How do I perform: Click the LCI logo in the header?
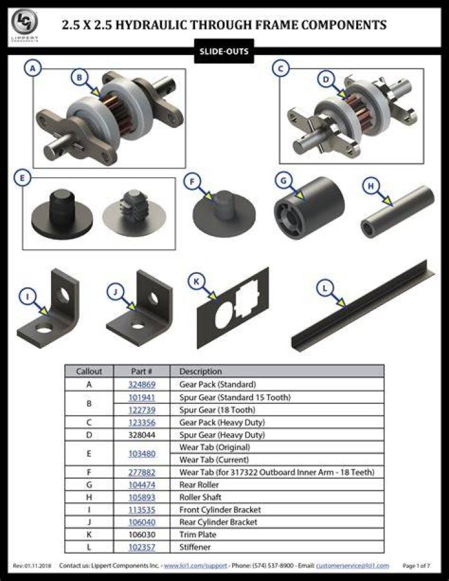click(x=24, y=22)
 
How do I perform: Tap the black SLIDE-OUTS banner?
click(x=224, y=51)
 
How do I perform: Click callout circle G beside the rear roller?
click(x=284, y=180)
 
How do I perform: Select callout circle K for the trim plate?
click(x=196, y=281)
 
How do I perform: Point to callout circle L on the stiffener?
click(x=325, y=288)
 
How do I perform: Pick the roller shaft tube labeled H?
click(x=397, y=212)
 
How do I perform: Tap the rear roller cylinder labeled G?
click(x=309, y=208)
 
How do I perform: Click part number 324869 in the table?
click(x=142, y=384)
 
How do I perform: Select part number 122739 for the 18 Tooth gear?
click(x=142, y=410)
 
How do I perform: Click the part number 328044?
click(x=142, y=434)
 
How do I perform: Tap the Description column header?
click(x=200, y=371)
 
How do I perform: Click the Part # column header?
click(x=142, y=371)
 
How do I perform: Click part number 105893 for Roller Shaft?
click(x=142, y=497)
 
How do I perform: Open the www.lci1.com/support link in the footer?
click(x=195, y=566)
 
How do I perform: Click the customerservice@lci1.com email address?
click(x=352, y=566)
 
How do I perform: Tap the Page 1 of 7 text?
click(x=417, y=566)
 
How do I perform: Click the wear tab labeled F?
click(x=224, y=213)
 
